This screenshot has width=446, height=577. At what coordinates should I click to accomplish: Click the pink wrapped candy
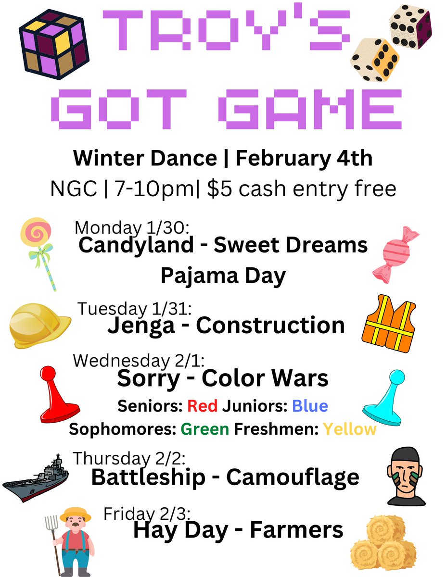(395, 254)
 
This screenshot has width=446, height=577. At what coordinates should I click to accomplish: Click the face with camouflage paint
(406, 476)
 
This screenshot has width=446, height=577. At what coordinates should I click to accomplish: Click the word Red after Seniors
(203, 406)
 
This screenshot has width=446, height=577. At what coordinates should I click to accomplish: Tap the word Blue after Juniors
(310, 406)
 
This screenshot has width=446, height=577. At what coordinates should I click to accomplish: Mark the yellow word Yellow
(349, 428)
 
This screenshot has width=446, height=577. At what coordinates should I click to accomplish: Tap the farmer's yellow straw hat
(76, 514)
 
